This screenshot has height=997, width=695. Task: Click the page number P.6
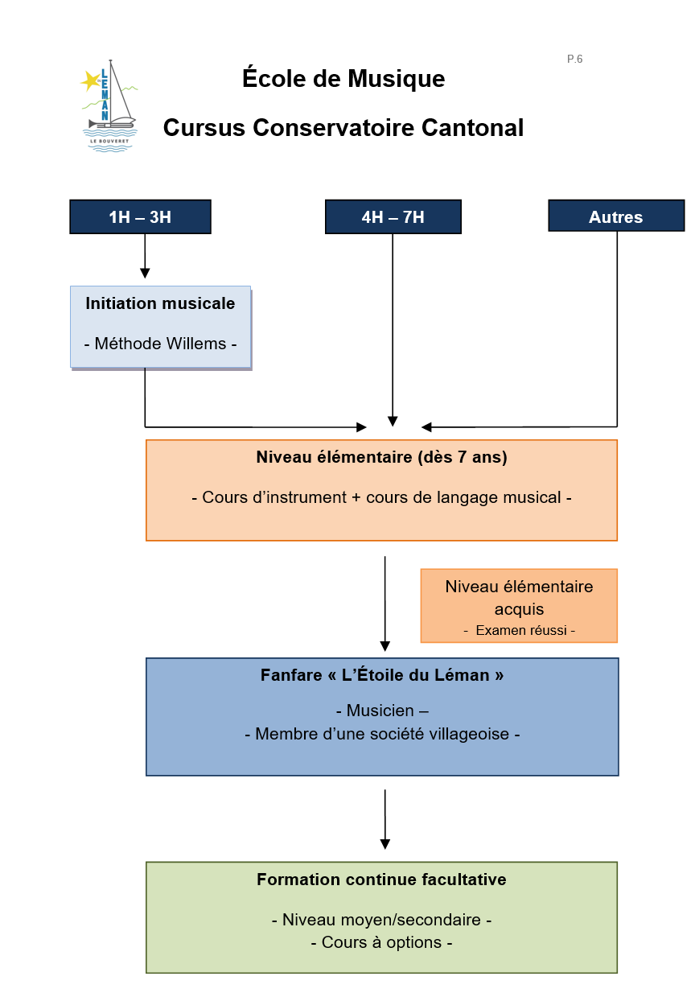pos(574,59)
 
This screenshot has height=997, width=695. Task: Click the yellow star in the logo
pos(91,80)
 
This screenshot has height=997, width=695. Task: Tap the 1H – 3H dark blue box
pos(140,216)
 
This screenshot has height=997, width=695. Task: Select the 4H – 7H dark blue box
pos(393,216)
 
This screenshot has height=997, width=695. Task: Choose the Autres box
pos(616,216)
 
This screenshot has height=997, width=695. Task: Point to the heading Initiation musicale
pos(160,303)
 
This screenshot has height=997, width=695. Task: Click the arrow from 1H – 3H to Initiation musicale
pos(145,256)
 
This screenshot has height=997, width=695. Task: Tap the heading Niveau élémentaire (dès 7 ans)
pos(382,457)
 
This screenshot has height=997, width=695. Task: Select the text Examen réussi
pos(521,630)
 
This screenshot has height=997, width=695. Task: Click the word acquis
pos(519,609)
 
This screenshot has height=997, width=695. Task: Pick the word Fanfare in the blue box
pos(291,675)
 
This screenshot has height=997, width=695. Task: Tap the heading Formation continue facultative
pos(381,880)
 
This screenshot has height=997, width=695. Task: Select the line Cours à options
pos(381,942)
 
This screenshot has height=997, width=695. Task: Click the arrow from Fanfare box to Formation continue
pos(385,819)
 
